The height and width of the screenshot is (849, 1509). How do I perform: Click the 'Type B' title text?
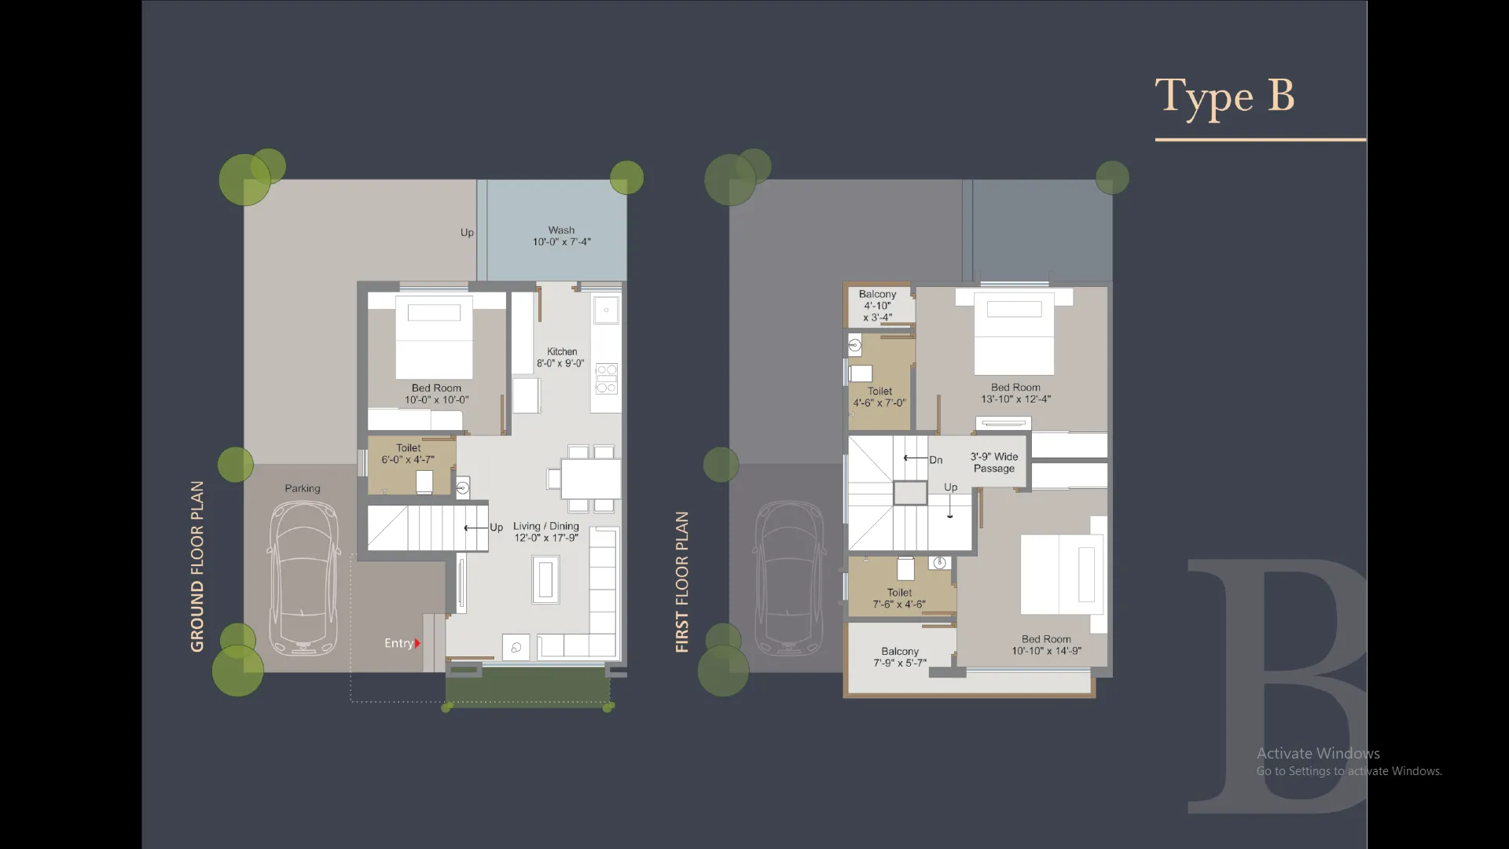1224,97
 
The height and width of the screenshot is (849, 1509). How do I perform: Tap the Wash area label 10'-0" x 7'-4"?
561,237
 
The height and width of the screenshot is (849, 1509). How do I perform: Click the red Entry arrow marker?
417,643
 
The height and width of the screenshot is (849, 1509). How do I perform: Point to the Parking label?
303,488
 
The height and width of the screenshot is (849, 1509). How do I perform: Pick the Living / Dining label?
545,531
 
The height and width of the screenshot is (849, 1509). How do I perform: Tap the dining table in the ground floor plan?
590,478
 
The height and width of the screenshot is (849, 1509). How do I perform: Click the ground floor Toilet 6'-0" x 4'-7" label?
408,454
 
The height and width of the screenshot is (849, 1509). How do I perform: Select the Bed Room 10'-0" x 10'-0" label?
436,394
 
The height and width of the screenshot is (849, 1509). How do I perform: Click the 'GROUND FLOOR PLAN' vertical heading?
197,566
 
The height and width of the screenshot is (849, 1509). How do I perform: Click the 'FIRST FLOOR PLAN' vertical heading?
682,582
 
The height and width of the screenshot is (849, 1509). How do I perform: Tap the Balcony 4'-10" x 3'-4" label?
877,306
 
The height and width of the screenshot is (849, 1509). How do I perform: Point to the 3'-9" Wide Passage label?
993,462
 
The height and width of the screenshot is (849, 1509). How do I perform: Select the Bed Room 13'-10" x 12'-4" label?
1015,393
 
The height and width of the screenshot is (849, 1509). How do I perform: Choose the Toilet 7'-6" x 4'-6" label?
899,598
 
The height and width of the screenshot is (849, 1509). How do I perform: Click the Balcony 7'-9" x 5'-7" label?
900,657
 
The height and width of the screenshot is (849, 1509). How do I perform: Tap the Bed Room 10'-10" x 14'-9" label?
1046,645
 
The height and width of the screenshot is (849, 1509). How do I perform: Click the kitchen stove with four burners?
606,378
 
